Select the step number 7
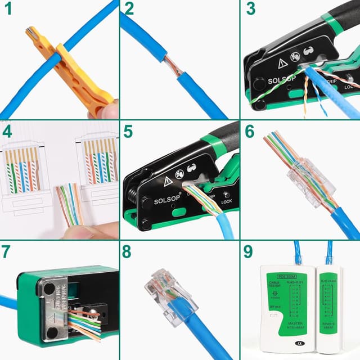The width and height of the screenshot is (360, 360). pyautogui.click(x=8, y=253)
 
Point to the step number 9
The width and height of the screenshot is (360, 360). pyautogui.click(x=248, y=253)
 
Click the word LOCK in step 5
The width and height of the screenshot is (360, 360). pyautogui.click(x=227, y=201)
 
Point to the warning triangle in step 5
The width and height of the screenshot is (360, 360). pyautogui.click(x=168, y=182)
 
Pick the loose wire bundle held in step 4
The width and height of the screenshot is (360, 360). pyautogui.click(x=70, y=202)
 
